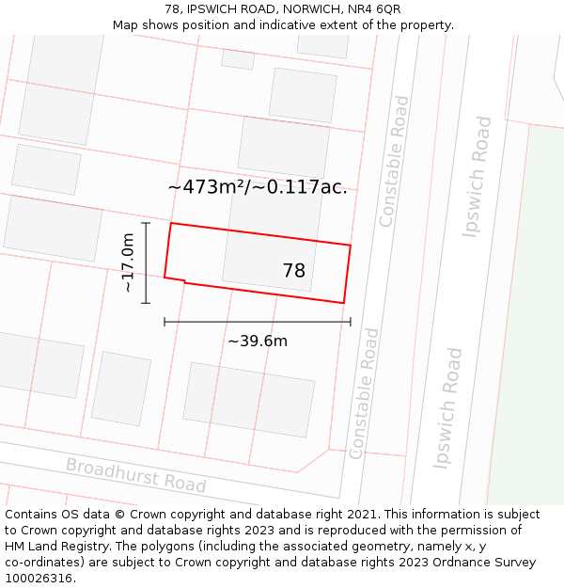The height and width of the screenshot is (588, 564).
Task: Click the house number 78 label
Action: tap(294, 271)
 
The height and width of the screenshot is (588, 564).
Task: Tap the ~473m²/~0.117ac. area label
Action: tap(257, 187)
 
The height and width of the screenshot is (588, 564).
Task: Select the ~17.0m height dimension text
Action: tap(128, 263)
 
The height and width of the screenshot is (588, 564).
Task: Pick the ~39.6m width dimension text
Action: tap(258, 341)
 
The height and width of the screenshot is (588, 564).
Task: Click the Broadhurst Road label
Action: tap(135, 476)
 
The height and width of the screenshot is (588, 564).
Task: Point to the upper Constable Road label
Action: tap(394, 161)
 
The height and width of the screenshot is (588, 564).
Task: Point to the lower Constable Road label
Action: tap(364, 393)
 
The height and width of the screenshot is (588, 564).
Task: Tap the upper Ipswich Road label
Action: tap(478, 177)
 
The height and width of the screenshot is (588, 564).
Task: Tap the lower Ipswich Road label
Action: tap(448, 407)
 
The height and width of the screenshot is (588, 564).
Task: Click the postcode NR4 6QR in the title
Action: tap(376, 9)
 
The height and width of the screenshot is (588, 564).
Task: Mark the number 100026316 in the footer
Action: tap(39, 579)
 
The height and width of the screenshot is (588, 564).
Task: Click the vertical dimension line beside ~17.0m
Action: tap(147, 262)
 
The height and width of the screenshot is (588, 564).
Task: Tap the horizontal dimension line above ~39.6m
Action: tap(258, 322)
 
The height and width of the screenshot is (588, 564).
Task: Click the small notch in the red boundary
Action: tap(183, 279)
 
